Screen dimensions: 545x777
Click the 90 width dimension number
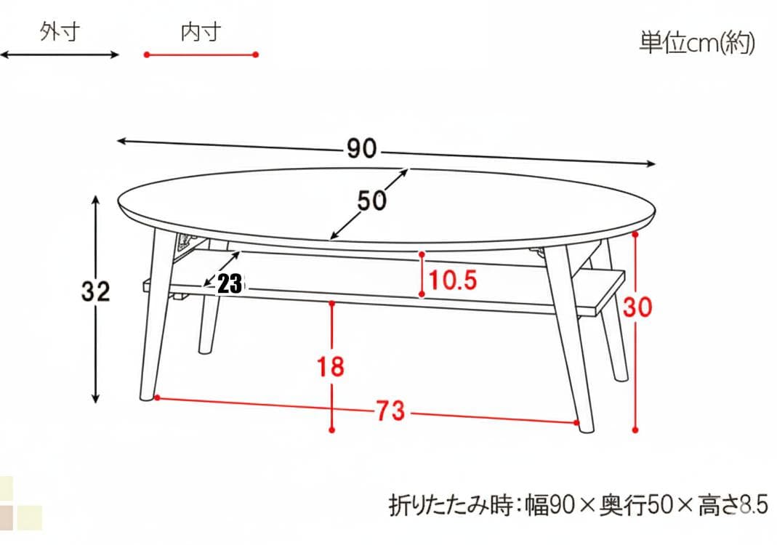361,150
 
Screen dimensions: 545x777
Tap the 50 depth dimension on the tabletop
371,201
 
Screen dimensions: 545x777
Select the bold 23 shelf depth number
230,284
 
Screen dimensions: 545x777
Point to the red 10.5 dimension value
453,280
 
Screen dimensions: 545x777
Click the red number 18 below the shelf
331,366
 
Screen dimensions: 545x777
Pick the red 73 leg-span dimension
390,411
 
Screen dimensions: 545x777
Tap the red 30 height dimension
637,307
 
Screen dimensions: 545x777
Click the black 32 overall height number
95,292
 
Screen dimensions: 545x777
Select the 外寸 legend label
59,33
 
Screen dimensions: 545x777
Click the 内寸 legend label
201,33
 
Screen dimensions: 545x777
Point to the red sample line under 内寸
201,54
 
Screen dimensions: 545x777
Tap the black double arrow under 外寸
59,54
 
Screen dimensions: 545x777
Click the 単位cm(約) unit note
697,44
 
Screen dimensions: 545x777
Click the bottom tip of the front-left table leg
148,398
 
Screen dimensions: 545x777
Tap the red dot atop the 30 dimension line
635,235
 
